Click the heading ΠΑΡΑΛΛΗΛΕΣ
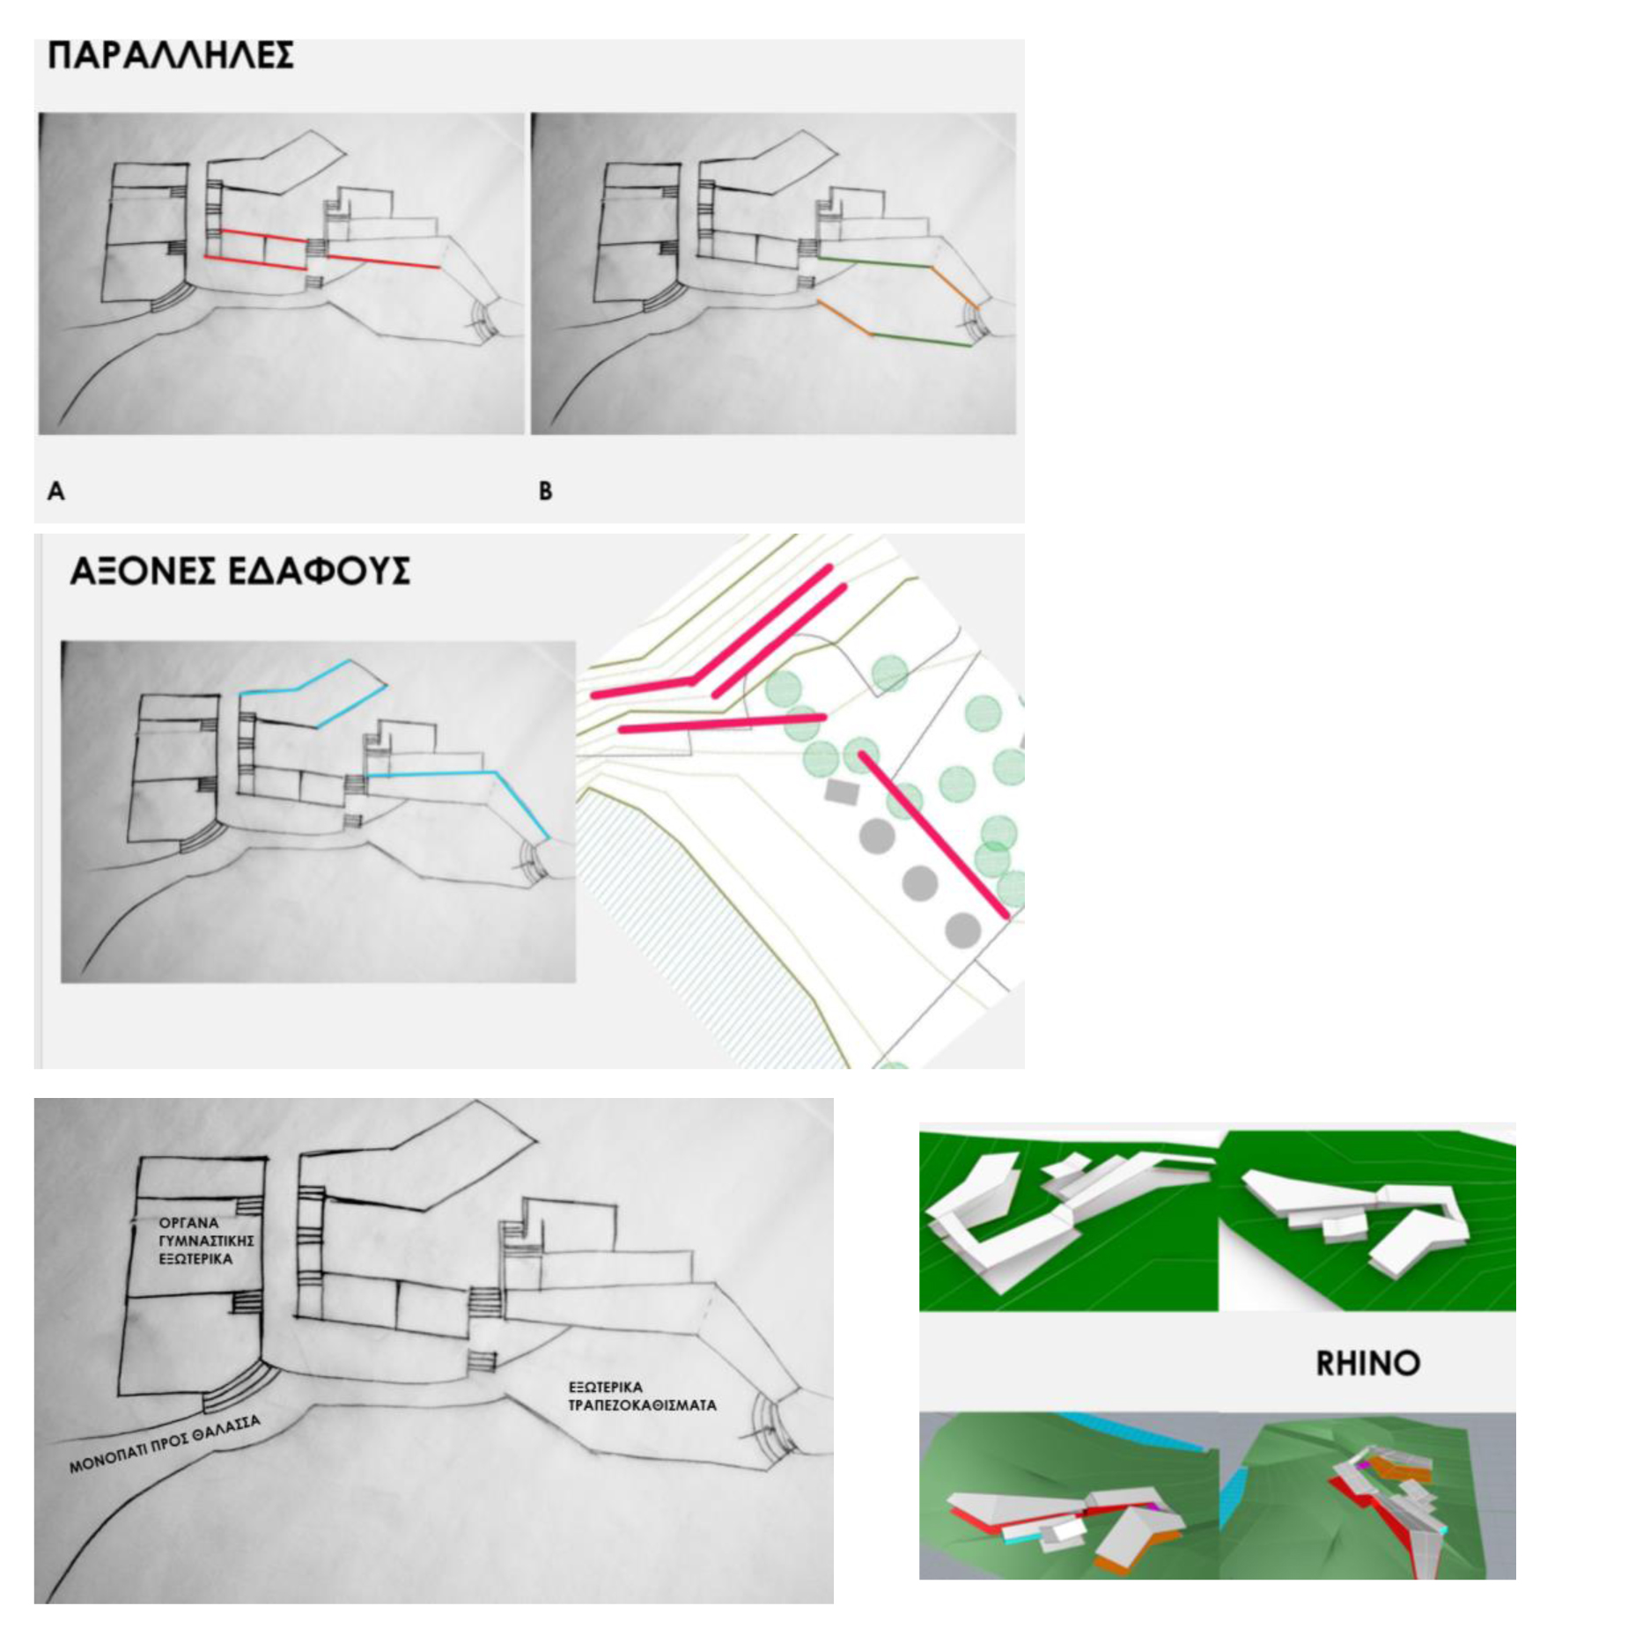170,55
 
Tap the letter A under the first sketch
55,491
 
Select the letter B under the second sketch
546,491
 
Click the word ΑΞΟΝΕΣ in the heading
143,571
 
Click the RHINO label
1367,1363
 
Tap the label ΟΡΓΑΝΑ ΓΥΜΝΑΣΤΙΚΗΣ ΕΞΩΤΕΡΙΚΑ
206,1241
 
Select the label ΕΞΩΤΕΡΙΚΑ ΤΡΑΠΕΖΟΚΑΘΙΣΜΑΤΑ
642,1396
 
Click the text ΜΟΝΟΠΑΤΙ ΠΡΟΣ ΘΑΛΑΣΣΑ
165,1445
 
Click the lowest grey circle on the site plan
963,930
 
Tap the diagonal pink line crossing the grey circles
934,835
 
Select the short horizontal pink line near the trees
722,724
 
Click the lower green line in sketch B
922,341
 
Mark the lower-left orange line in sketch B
844,318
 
